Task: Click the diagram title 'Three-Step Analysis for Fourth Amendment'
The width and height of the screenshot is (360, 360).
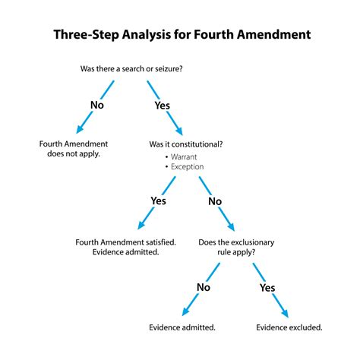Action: [x=180, y=36]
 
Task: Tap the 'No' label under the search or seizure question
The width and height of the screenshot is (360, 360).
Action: [x=96, y=104]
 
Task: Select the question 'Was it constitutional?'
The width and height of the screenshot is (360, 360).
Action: [x=187, y=144]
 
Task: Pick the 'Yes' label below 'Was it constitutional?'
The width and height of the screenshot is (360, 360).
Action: [x=158, y=201]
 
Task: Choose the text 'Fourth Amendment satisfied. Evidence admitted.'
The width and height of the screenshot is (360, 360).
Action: [x=125, y=247]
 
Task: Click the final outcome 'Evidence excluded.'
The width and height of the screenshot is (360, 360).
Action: [x=289, y=327]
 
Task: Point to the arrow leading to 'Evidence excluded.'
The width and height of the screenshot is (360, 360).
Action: [x=278, y=299]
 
